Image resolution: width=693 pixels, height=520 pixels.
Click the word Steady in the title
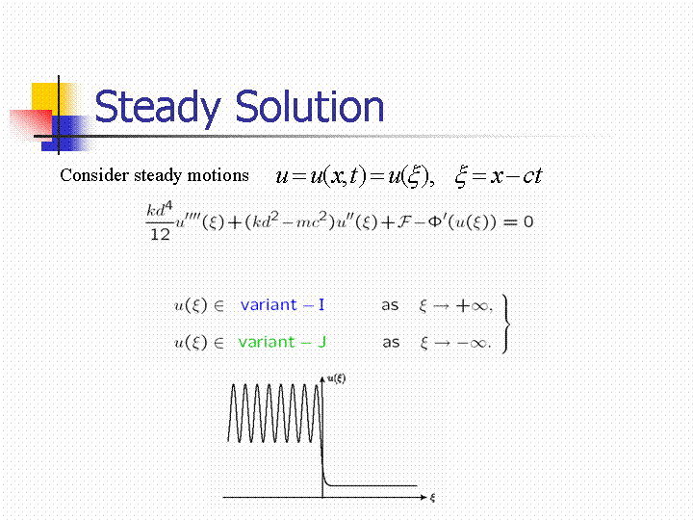coord(157,107)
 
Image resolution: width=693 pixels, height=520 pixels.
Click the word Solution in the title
coord(309,106)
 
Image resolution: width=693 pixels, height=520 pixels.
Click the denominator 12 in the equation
coord(160,234)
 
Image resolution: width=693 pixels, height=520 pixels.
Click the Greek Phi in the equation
coord(434,221)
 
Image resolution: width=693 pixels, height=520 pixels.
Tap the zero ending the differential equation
coord(528,221)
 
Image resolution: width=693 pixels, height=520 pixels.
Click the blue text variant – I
coord(282,304)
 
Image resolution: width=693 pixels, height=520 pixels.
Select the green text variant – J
coord(282,342)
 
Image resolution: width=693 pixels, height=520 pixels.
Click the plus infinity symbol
coord(473,306)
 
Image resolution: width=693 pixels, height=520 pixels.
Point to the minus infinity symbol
coord(472,343)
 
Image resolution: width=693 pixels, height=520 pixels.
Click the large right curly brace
coord(506,325)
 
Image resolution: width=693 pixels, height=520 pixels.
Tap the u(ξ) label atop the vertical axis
coord(336,378)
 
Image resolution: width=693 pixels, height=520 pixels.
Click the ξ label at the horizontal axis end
coord(432,498)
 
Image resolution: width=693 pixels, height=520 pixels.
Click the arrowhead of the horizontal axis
coord(423,498)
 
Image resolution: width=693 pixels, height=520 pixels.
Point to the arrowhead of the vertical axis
coord(322,379)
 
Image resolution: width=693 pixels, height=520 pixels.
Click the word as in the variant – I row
coord(390,305)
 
